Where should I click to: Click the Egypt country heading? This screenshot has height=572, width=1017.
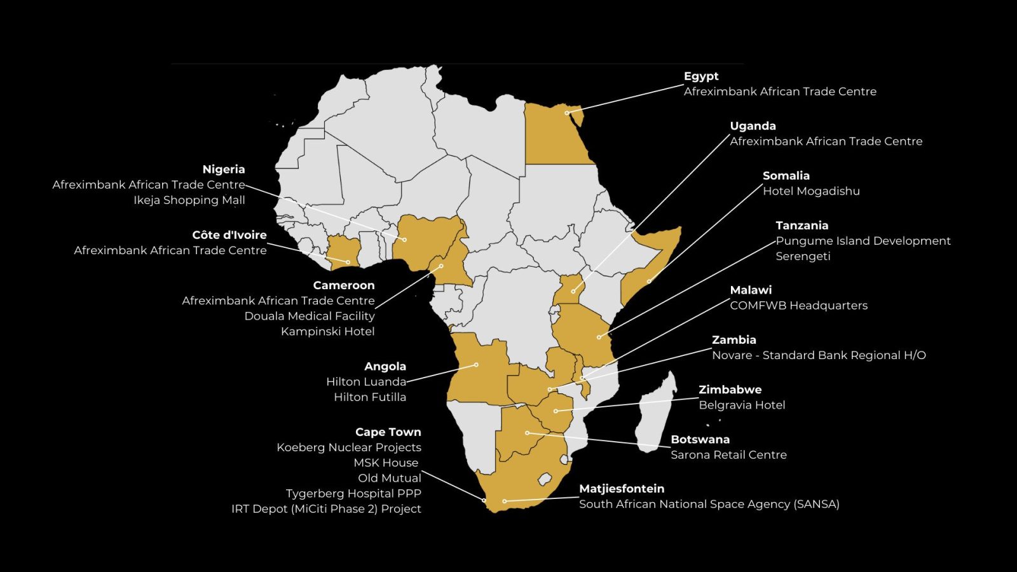coord(701,76)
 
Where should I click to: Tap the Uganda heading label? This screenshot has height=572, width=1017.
coord(753,126)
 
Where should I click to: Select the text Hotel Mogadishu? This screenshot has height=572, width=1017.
coord(811,191)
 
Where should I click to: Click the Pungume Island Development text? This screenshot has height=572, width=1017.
coord(863,241)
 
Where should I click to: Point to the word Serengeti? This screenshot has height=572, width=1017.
coord(803,256)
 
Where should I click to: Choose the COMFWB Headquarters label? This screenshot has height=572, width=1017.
coord(798,306)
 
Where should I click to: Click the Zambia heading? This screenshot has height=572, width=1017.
coord(734,340)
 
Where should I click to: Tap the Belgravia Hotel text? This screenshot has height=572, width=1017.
coord(742,405)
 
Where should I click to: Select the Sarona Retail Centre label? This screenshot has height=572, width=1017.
coord(728,455)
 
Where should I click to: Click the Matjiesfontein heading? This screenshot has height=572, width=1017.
coord(622,489)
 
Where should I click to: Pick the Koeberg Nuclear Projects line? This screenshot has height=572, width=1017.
coord(349,447)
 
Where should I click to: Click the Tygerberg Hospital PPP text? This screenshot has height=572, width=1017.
coord(353,494)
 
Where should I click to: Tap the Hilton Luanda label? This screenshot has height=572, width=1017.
coord(366,382)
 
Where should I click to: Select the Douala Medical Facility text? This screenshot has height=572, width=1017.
coord(310,316)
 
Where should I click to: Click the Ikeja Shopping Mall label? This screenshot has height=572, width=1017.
coord(189,200)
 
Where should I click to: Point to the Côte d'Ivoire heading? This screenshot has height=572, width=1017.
coord(229,235)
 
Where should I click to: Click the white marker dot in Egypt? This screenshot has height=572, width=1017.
coord(567,113)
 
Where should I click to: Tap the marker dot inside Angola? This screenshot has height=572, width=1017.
coord(476,365)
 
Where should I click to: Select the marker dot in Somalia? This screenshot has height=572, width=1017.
coord(649,281)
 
